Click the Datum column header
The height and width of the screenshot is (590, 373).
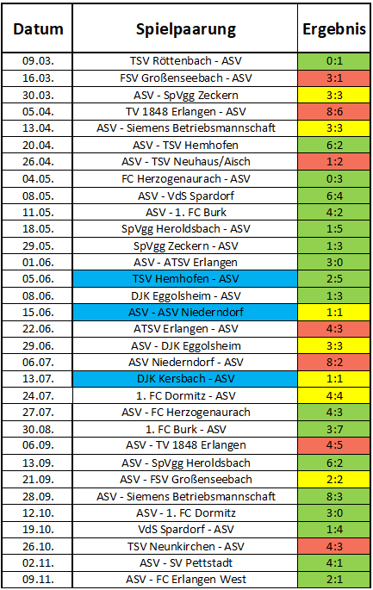(x=38, y=29)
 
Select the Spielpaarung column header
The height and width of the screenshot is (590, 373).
(x=186, y=30)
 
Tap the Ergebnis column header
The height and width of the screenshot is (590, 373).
(x=334, y=29)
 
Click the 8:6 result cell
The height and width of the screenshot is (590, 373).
(x=334, y=112)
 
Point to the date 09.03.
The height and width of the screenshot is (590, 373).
(x=38, y=61)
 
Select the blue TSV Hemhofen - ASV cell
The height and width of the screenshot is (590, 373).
(x=185, y=279)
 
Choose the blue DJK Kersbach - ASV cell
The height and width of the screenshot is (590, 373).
(x=185, y=378)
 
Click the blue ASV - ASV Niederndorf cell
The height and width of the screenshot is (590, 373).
(x=185, y=313)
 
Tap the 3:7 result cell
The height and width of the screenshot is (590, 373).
(x=334, y=429)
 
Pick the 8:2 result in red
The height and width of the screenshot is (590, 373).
(x=334, y=363)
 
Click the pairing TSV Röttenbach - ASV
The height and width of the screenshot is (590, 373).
(x=186, y=61)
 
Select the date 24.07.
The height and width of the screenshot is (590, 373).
(x=38, y=396)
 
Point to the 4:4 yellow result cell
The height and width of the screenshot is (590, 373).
(x=334, y=396)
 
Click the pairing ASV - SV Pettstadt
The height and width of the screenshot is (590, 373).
(x=186, y=563)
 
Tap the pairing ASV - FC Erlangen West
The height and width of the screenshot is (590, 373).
(x=186, y=580)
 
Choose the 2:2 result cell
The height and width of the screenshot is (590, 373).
(x=334, y=480)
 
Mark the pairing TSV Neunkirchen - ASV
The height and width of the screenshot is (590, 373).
(x=186, y=546)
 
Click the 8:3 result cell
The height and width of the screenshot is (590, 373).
(x=334, y=496)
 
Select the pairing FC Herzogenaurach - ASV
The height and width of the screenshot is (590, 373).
(x=186, y=179)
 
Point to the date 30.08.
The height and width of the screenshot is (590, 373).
(x=38, y=429)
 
